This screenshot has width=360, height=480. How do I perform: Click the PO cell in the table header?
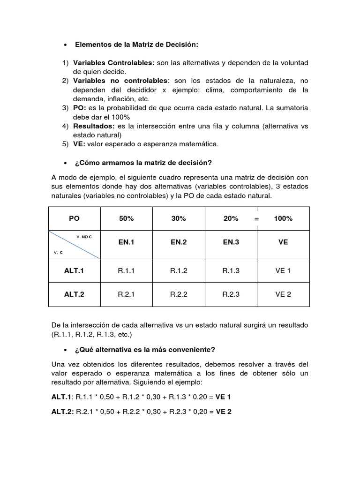point(74,218)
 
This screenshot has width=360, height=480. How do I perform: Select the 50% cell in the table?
point(127,218)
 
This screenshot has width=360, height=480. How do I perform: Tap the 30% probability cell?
point(179,218)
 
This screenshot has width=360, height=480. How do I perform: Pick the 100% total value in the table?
point(283,218)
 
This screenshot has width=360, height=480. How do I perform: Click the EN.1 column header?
point(127,242)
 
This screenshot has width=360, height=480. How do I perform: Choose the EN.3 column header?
point(231,242)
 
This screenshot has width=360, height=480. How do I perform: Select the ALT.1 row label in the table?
point(74,271)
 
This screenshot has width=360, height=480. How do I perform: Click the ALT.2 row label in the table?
point(74,294)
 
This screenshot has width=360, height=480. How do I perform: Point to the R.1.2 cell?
point(179,271)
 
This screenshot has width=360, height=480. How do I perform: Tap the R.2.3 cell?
point(231,294)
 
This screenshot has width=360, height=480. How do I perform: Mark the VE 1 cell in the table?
point(283,271)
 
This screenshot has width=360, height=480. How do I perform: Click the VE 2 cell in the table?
point(283,294)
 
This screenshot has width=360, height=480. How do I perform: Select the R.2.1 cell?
point(127,294)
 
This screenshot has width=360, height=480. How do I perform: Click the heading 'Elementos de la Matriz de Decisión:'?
point(137,45)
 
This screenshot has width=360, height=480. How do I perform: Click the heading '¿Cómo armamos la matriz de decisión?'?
point(143,163)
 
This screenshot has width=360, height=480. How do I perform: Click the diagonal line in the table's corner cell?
point(74,244)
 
